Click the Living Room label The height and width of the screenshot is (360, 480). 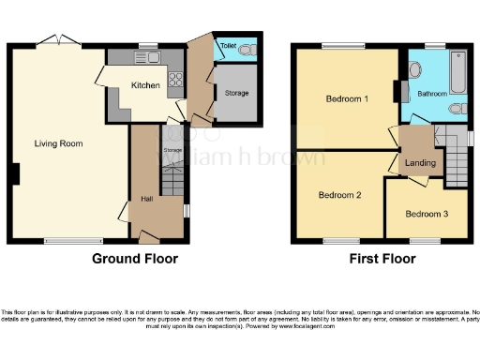pos(59,144)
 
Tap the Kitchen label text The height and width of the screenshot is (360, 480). pos(145,85)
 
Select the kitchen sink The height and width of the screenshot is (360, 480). pos(151,58)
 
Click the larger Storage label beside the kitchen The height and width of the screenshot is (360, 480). pos(236,94)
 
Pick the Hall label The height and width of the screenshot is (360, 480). pos(147,199)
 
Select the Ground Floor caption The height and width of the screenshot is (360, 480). pos(135,258)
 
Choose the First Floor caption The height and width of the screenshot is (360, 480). pos(382,258)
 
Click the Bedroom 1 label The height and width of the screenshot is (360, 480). pos(347,98)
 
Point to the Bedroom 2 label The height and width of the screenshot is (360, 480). pos(339,196)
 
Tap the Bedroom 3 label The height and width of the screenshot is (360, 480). pos(427,215)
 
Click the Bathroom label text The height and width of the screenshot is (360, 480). pos(433,94)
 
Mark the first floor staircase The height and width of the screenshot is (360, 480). pos(456,165)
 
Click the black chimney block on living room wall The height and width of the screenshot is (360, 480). pos(17,174)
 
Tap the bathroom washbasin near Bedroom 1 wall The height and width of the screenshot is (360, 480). pos(414,69)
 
